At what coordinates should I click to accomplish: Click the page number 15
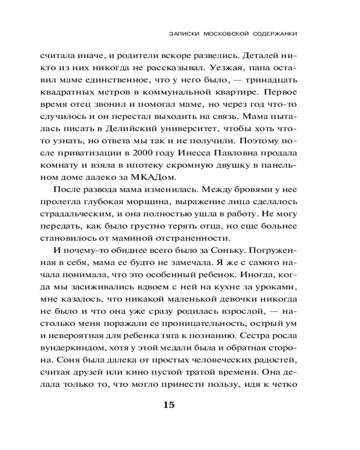[x=168, y=405]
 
